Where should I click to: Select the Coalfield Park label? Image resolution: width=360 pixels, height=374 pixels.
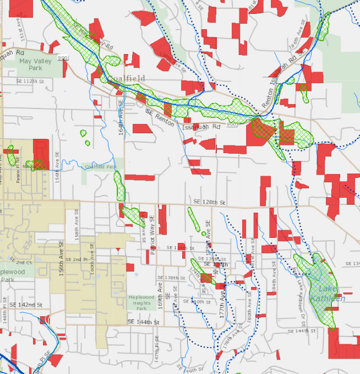click(x=101, y=167)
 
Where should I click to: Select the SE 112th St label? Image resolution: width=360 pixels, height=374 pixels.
click(x=30, y=81)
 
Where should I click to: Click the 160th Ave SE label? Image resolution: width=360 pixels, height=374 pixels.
click(x=92, y=258)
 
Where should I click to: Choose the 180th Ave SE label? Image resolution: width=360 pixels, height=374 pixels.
click(x=249, y=312)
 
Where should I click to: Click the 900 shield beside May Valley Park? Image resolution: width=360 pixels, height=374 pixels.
click(x=64, y=57)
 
